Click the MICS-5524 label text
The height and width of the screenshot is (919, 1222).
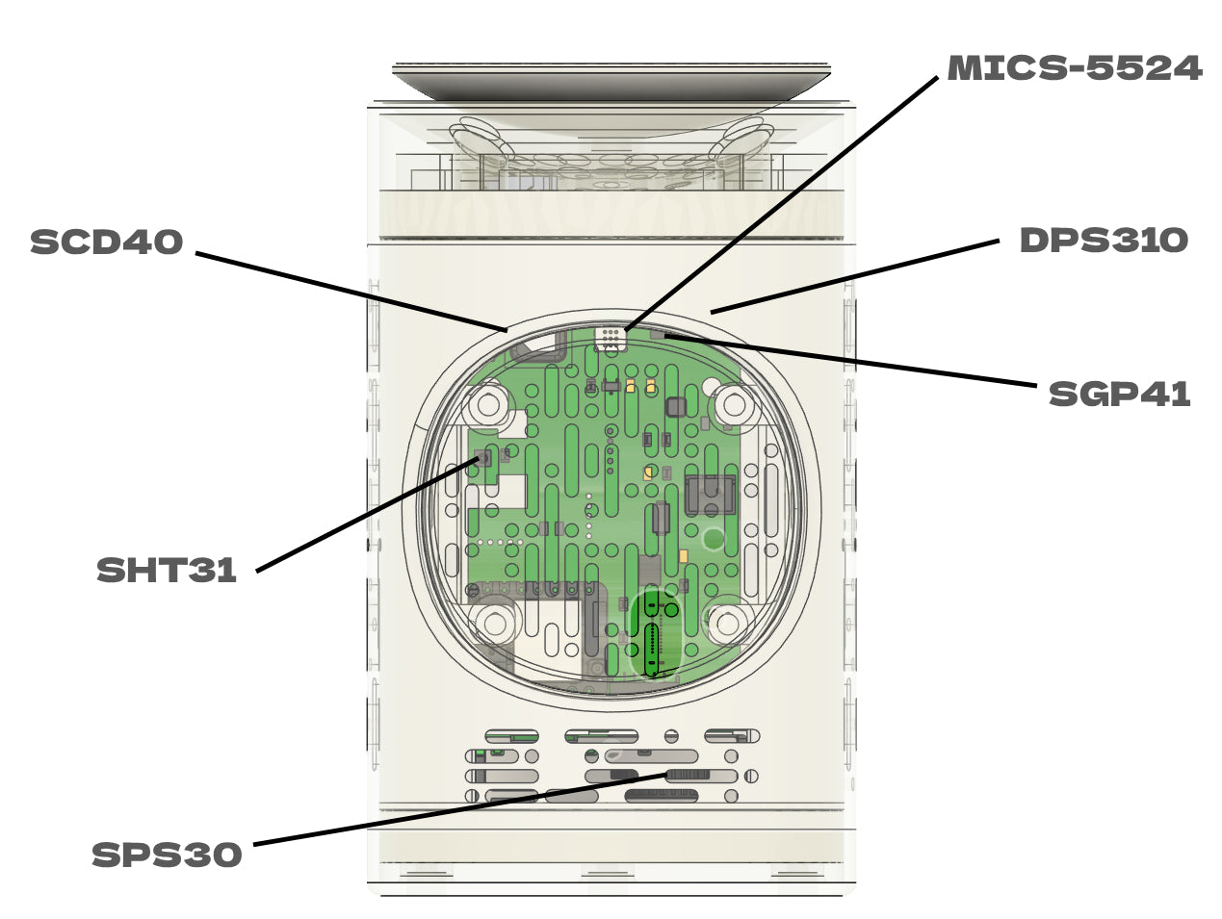[x=1075, y=68]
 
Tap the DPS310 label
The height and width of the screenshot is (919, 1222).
[x=1104, y=241]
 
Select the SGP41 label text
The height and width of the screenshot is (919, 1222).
[x=1119, y=394]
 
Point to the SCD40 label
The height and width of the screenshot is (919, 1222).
[x=106, y=242]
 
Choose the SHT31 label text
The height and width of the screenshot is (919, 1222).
[x=167, y=571]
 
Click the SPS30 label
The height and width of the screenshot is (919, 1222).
[x=167, y=855]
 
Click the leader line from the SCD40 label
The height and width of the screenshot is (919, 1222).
[x=351, y=292]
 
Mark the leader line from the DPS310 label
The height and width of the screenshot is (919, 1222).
[x=854, y=276]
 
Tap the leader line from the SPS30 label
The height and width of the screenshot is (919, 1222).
[x=460, y=809]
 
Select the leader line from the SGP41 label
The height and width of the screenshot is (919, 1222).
[x=850, y=361]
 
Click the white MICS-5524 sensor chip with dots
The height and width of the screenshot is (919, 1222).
[x=611, y=338]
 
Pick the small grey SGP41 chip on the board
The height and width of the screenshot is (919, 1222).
[x=658, y=334]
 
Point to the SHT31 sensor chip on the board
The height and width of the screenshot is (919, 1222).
[x=484, y=459]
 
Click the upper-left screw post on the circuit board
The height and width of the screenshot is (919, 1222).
[x=488, y=405]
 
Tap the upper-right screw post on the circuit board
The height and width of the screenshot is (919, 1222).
[x=734, y=404]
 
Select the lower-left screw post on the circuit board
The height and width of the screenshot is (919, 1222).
[x=495, y=623]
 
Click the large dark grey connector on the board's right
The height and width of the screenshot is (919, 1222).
[x=710, y=495]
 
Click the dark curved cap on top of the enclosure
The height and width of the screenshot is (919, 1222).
[x=611, y=82]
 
